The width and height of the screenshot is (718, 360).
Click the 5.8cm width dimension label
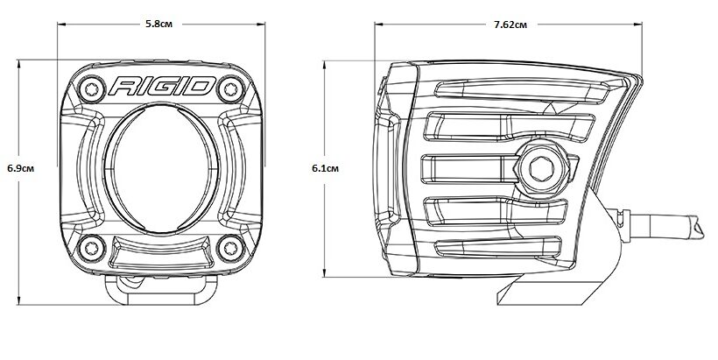(158, 24)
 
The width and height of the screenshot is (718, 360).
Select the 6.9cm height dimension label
(21, 168)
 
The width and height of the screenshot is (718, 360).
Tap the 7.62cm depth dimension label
(510, 25)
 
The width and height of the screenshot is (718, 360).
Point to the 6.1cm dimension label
(325, 168)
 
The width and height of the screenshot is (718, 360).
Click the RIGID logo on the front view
(162, 86)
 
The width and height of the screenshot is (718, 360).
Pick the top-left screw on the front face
(92, 88)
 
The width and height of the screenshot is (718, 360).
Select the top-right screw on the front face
(230, 88)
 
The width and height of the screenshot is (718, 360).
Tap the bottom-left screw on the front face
(92, 248)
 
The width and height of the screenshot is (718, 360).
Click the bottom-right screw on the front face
(230, 248)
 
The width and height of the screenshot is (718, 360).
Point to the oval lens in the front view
(161, 168)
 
